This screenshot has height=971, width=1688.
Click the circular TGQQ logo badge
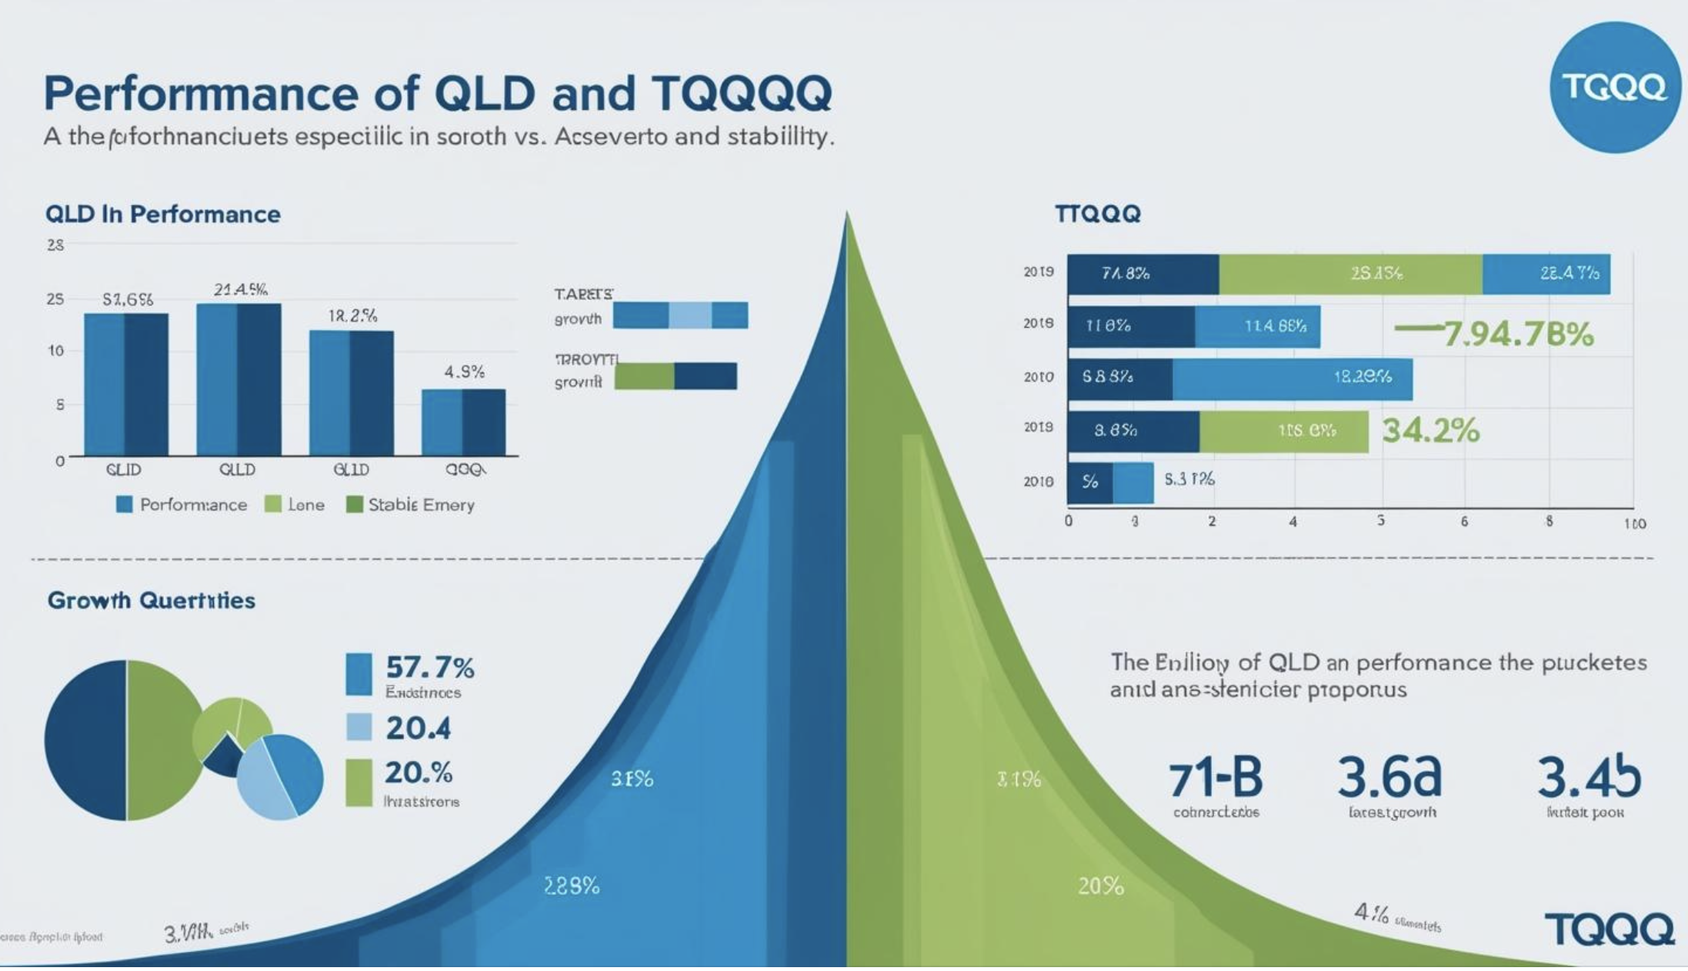pyautogui.click(x=1614, y=88)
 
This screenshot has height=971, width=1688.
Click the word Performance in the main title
pyautogui.click(x=201, y=94)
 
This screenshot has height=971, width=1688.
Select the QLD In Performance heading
pyautogui.click(x=162, y=214)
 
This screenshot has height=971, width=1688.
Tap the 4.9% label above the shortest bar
pyautogui.click(x=465, y=372)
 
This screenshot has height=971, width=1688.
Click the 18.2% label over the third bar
pyautogui.click(x=352, y=316)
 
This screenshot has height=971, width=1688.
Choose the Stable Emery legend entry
pyautogui.click(x=411, y=505)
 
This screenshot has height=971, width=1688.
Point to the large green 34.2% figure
pyautogui.click(x=1430, y=431)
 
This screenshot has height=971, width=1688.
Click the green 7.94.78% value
pyautogui.click(x=1517, y=335)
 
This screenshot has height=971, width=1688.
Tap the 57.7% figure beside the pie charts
pyautogui.click(x=429, y=667)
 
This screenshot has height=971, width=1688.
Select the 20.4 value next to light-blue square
pyautogui.click(x=418, y=728)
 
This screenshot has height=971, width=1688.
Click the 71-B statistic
pyautogui.click(x=1216, y=779)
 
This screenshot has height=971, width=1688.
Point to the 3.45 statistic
pyautogui.click(x=1589, y=777)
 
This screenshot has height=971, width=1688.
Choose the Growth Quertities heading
pyautogui.click(x=152, y=600)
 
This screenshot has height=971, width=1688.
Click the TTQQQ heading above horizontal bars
pyautogui.click(x=1097, y=214)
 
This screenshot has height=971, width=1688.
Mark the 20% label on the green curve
pyautogui.click(x=1100, y=887)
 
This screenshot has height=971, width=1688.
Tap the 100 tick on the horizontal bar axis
pyautogui.click(x=1634, y=524)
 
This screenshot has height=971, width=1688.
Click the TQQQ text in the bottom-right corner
pyautogui.click(x=1609, y=929)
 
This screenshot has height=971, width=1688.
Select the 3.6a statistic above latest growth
pyautogui.click(x=1389, y=777)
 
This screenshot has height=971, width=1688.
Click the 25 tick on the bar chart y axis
pyautogui.click(x=55, y=299)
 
